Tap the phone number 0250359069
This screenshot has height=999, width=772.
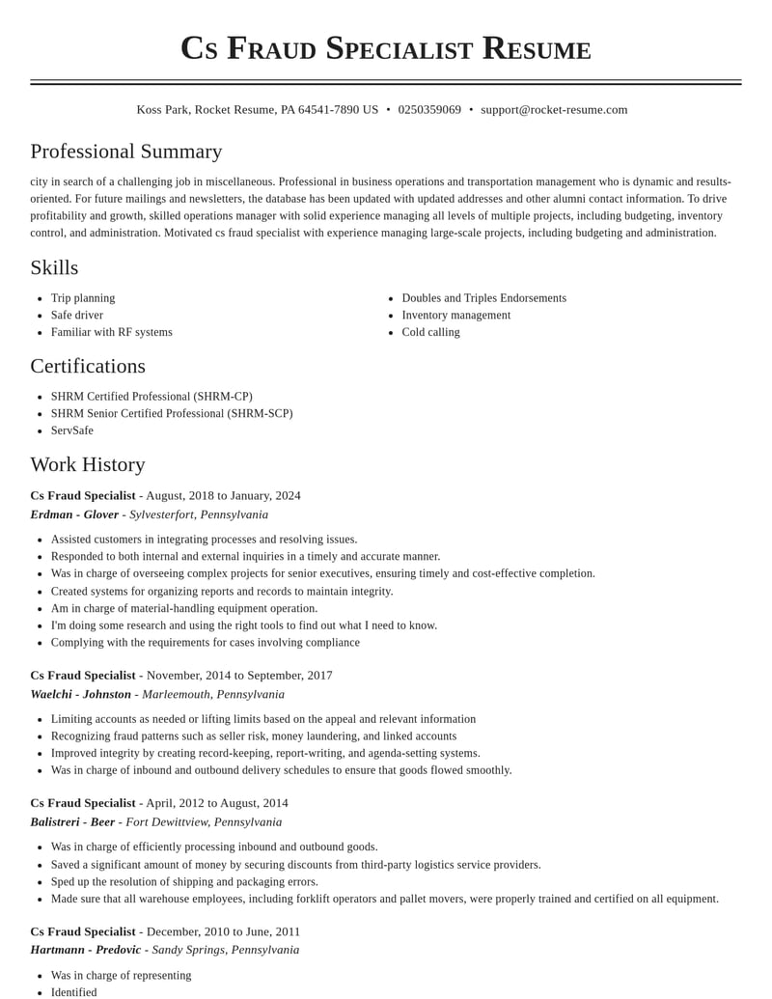pos(429,110)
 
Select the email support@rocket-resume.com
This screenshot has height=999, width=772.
pos(554,110)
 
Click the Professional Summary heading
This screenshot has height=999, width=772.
pos(126,152)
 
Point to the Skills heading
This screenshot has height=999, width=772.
pos(54,267)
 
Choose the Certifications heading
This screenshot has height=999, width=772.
pos(88,366)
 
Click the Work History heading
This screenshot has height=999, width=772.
pos(88,464)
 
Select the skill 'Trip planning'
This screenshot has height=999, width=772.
pos(83,298)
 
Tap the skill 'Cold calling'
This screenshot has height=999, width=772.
pos(430,332)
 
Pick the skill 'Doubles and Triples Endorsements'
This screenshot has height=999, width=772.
pos(483,298)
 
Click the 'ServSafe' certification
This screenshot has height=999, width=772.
pos(72,430)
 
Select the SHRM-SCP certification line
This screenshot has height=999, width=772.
pos(172,413)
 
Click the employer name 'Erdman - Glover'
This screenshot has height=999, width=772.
pos(74,514)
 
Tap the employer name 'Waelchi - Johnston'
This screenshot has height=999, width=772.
pos(80,694)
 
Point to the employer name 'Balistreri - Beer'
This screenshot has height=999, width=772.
pos(72,822)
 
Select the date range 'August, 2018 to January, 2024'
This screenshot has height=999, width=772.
pos(223,496)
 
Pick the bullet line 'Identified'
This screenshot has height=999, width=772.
pos(74,992)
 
